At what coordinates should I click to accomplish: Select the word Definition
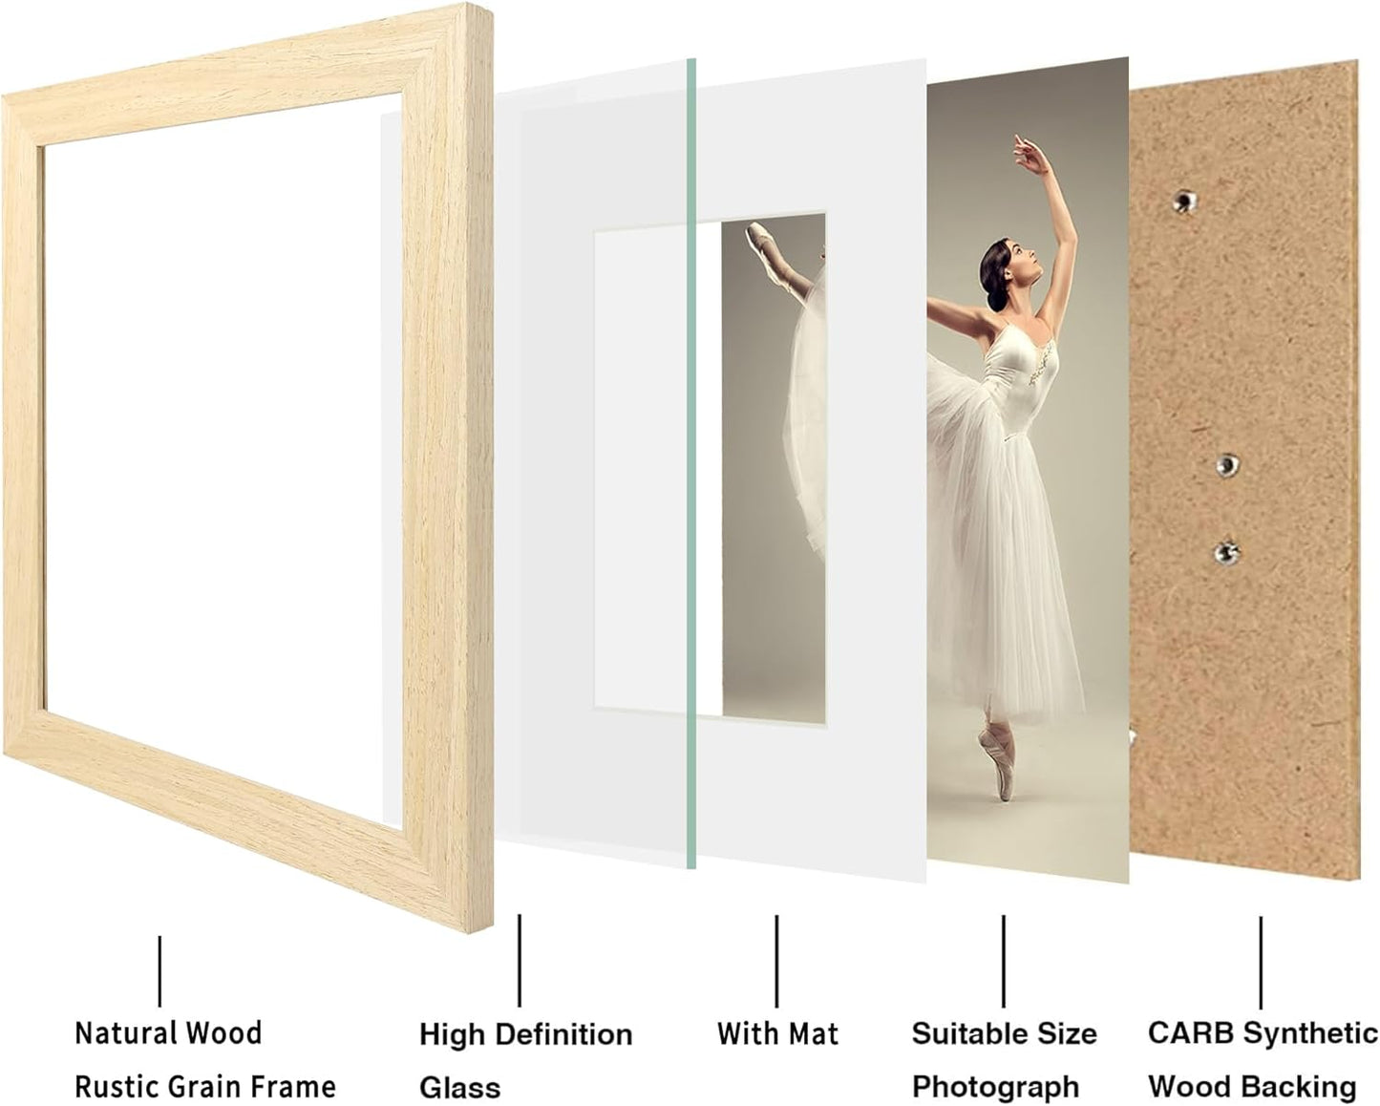pyautogui.click(x=564, y=1034)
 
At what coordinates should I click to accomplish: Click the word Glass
pyautogui.click(x=459, y=1088)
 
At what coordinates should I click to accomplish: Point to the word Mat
pyautogui.click(x=813, y=1033)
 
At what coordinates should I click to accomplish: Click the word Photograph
pyautogui.click(x=995, y=1087)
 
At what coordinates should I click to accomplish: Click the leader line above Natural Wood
pyautogui.click(x=159, y=970)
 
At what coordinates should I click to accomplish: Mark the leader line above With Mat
pyautogui.click(x=776, y=961)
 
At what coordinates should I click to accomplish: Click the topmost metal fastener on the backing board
pyautogui.click(x=1185, y=201)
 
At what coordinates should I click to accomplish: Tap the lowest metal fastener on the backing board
pyautogui.click(x=1226, y=551)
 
